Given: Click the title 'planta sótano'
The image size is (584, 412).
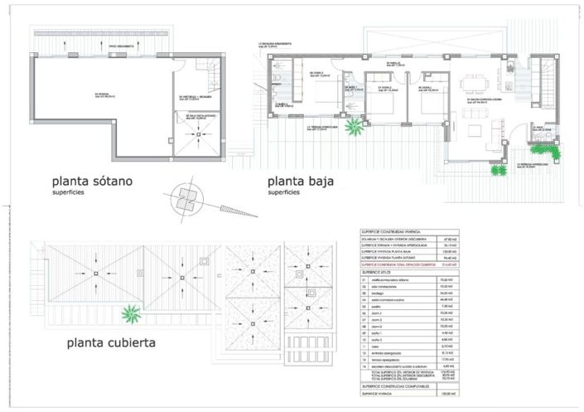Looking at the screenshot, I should [92, 181].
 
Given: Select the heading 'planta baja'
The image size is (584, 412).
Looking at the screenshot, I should [299, 181].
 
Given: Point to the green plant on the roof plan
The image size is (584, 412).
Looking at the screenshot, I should [130, 313].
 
